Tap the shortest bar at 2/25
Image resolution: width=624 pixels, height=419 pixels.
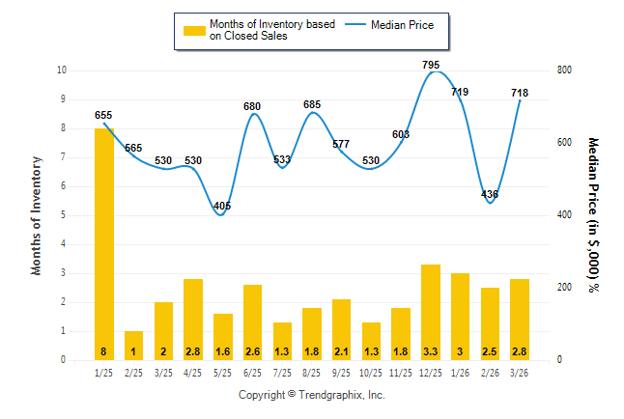(x=133, y=345)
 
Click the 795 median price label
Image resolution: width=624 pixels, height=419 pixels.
(x=431, y=65)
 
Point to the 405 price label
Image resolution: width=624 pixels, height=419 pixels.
(x=222, y=205)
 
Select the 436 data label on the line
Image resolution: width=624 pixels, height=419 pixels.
(x=490, y=194)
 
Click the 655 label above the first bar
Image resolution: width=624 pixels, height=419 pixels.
(x=103, y=115)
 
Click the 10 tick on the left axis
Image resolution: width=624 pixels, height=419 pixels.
(x=62, y=70)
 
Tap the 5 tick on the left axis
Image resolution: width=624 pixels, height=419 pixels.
(x=63, y=215)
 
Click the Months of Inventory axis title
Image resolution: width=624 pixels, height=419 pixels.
(x=37, y=215)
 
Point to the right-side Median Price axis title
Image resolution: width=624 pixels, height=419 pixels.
(x=592, y=215)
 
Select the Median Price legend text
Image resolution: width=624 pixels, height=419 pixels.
(x=410, y=24)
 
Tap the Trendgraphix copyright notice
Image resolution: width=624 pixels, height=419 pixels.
(x=312, y=395)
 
